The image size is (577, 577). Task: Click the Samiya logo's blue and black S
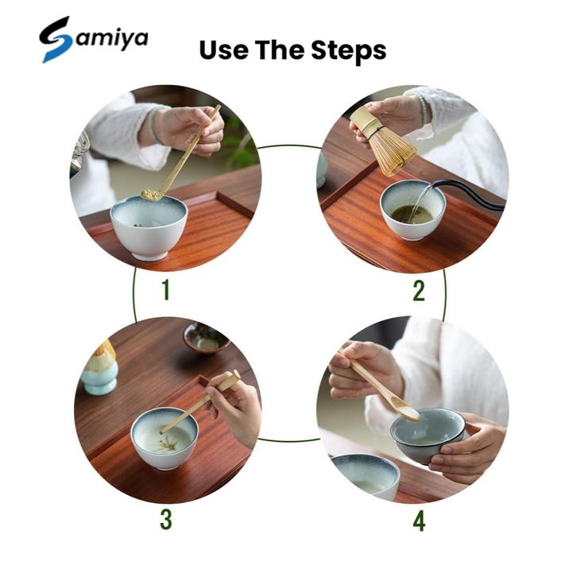pyautogui.click(x=55, y=40)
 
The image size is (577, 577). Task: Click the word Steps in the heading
pyautogui.click(x=348, y=50)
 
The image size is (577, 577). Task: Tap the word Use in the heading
pyautogui.click(x=224, y=50)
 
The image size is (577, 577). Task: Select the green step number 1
pyautogui.click(x=166, y=289)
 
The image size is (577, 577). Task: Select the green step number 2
pyautogui.click(x=419, y=291)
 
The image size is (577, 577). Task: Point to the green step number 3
pyautogui.click(x=166, y=519)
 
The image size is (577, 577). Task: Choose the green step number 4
pyautogui.click(x=419, y=521)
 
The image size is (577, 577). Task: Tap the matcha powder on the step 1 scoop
pyautogui.click(x=151, y=194)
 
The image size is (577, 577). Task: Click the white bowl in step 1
pyautogui.click(x=149, y=227)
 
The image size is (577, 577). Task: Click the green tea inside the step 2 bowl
pyautogui.click(x=412, y=215)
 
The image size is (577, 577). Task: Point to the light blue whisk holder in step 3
pyautogui.click(x=99, y=380)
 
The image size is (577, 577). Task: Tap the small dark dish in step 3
pyautogui.click(x=206, y=339)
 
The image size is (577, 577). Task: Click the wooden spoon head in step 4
pyautogui.click(x=408, y=412)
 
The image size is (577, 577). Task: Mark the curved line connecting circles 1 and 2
pyautogui.click(x=288, y=146)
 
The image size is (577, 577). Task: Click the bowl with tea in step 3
pyautogui.click(x=165, y=437)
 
